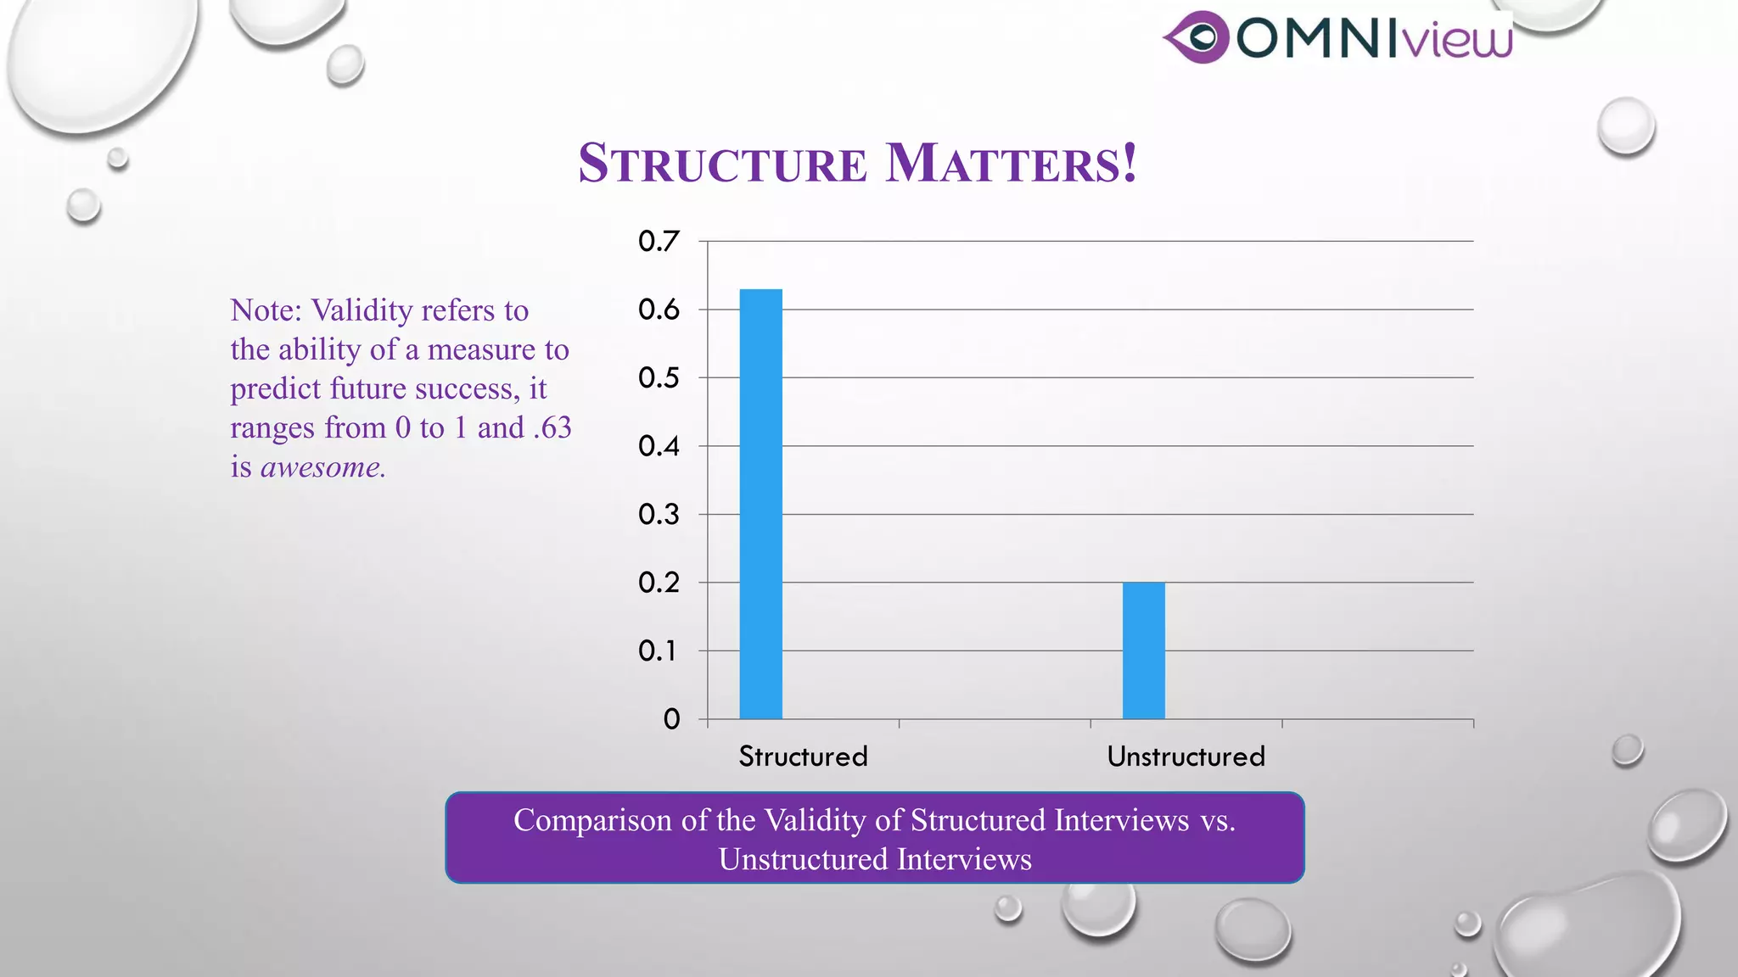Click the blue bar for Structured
pyautogui.click(x=760, y=504)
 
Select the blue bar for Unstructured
pyautogui.click(x=1143, y=650)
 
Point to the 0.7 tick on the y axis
pyautogui.click(x=659, y=242)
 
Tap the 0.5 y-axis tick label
pyautogui.click(x=659, y=378)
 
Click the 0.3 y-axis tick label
pyautogui.click(x=659, y=515)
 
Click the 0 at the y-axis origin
pyautogui.click(x=671, y=720)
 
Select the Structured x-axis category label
pyautogui.click(x=803, y=756)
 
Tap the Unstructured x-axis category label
pyautogui.click(x=1186, y=756)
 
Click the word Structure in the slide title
pyautogui.click(x=722, y=163)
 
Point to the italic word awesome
pyautogui.click(x=322, y=467)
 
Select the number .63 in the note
pyautogui.click(x=552, y=427)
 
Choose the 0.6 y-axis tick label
pyautogui.click(x=659, y=310)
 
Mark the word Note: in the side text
pyautogui.click(x=266, y=310)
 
